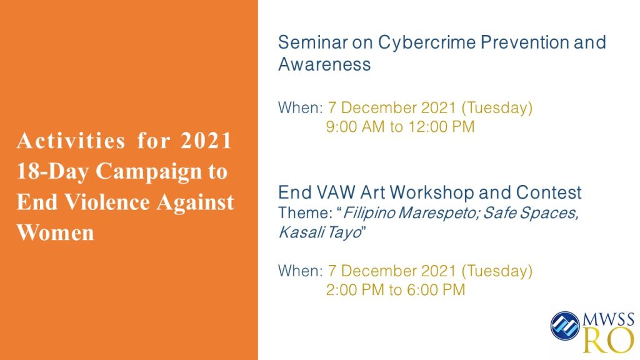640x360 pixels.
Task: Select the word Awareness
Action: point(324,64)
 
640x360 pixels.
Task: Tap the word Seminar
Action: point(313,42)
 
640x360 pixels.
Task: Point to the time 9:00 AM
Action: point(355,126)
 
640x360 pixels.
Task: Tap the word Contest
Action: point(549,192)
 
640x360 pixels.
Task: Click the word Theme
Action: point(305,212)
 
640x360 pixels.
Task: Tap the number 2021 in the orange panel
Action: point(206,141)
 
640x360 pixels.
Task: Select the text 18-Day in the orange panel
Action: point(52,171)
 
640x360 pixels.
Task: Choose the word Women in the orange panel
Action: point(56,232)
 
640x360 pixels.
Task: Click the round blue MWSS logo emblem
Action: point(565,325)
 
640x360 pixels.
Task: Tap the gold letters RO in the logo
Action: point(609,340)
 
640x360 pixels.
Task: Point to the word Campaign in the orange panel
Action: point(149,171)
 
